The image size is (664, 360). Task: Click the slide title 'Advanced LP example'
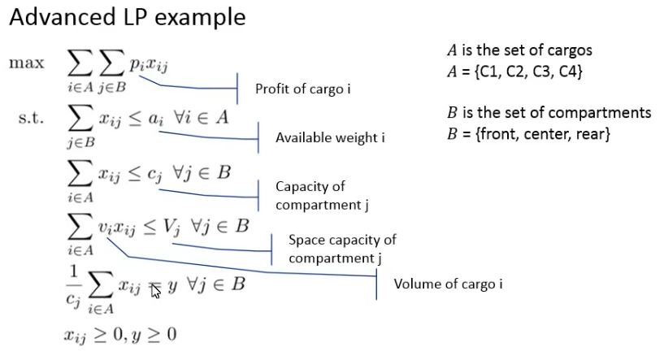[x=127, y=18]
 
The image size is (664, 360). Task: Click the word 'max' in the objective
[x=27, y=63]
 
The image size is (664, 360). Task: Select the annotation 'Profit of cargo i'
[x=302, y=89]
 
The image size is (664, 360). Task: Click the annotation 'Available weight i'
[x=329, y=137]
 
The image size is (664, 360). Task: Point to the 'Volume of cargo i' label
[x=448, y=284]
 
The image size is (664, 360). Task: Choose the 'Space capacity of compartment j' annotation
[x=342, y=249]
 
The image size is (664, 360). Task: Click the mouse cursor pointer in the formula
[x=156, y=291]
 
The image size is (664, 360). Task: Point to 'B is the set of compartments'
[x=549, y=112]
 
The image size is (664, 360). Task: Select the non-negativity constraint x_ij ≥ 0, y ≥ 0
[x=119, y=334]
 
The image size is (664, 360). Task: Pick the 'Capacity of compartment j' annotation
[x=322, y=195]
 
